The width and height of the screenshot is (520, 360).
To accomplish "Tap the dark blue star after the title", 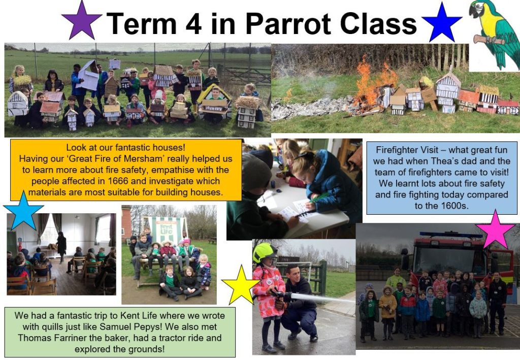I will pos(441,23).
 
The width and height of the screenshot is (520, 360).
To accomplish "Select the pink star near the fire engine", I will pos(495,230).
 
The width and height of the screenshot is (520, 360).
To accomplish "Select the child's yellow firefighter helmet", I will pos(264,252).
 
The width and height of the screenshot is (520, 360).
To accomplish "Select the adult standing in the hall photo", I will pos(61,246).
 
